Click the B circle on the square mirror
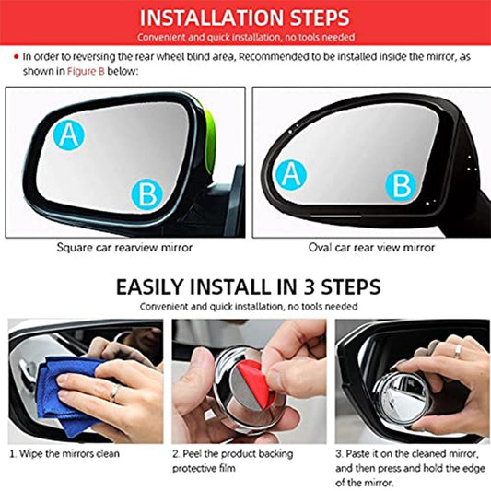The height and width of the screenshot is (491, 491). [x=146, y=193]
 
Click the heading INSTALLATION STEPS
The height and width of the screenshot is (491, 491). [x=244, y=18]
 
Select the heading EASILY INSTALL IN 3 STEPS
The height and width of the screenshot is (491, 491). [x=244, y=286]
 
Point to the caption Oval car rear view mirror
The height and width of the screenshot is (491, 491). [x=370, y=247]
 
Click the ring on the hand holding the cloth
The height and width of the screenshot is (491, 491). [x=113, y=393]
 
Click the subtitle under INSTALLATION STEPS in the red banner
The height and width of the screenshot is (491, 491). [x=244, y=37]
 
